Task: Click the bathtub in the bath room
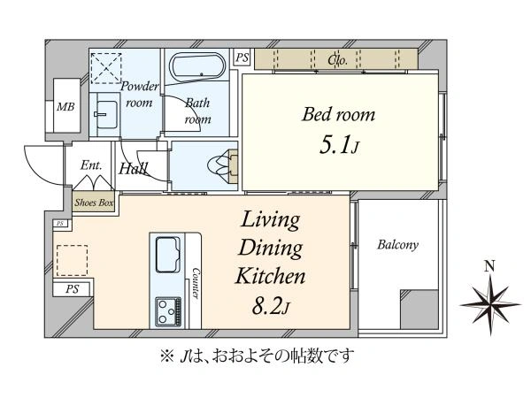[x=198, y=66]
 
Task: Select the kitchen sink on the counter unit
[x=167, y=255]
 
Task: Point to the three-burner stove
[x=168, y=311]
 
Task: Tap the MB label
[x=65, y=107]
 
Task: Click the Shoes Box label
[x=94, y=203]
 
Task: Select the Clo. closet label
[x=337, y=60]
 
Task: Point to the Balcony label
[x=397, y=245]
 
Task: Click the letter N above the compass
[x=489, y=267]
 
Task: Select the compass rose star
[x=490, y=304]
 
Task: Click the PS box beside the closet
[x=242, y=57]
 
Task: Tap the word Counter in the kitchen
[x=196, y=283]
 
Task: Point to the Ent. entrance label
[x=91, y=165]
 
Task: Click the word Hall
[x=133, y=168]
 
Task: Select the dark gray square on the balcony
[x=419, y=309]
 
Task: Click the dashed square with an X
[x=106, y=68]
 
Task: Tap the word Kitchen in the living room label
[x=270, y=276]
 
